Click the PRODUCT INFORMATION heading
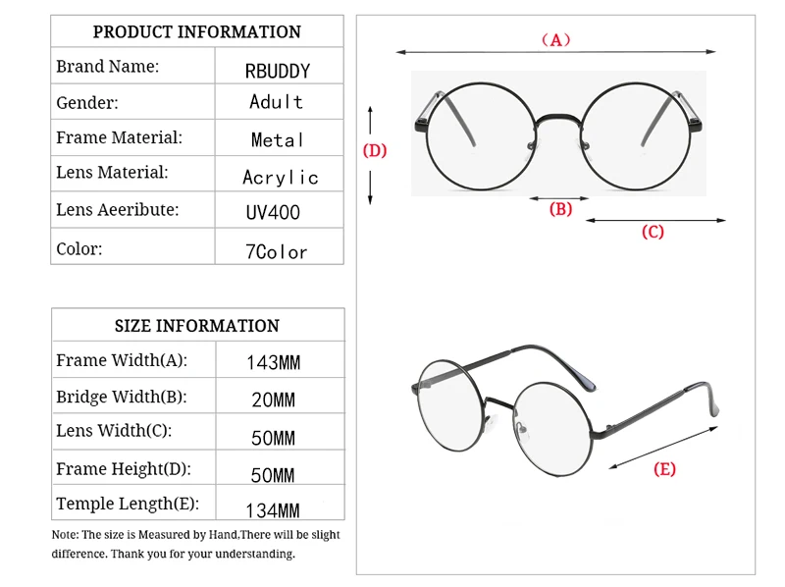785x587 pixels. click(196, 31)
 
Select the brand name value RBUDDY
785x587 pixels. click(278, 71)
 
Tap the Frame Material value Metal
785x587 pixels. click(278, 140)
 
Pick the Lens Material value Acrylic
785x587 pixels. click(281, 178)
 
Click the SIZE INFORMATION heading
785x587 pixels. click(196, 326)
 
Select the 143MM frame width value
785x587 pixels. click(273, 363)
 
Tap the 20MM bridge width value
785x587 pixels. click(273, 400)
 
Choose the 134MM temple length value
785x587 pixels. click(273, 510)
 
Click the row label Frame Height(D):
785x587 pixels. click(124, 469)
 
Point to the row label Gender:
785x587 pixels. click(87, 103)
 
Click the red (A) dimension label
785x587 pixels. click(555, 40)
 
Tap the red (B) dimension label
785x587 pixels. click(560, 208)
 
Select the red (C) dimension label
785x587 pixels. click(653, 233)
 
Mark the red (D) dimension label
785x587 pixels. click(375, 150)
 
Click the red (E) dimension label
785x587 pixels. click(664, 469)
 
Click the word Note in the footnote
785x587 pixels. click(65, 535)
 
